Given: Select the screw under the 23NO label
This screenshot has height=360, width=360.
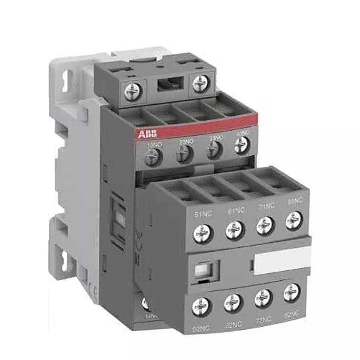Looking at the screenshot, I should pos(184,153).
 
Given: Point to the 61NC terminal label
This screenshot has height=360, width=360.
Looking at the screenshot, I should pos(236,210).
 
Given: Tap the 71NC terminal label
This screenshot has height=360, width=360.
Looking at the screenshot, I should pos(266,206).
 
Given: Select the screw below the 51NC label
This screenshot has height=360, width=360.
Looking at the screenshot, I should pos(202,232).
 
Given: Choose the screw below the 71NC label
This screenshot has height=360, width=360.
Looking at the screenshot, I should pos(266,225).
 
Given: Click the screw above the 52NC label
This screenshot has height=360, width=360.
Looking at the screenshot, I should pos(202,306).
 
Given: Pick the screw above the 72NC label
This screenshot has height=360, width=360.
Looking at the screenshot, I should pos(264,298).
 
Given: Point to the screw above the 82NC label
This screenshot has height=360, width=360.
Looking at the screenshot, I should pos(292,292).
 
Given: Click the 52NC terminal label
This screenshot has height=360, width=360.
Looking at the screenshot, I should pos(201,329).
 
